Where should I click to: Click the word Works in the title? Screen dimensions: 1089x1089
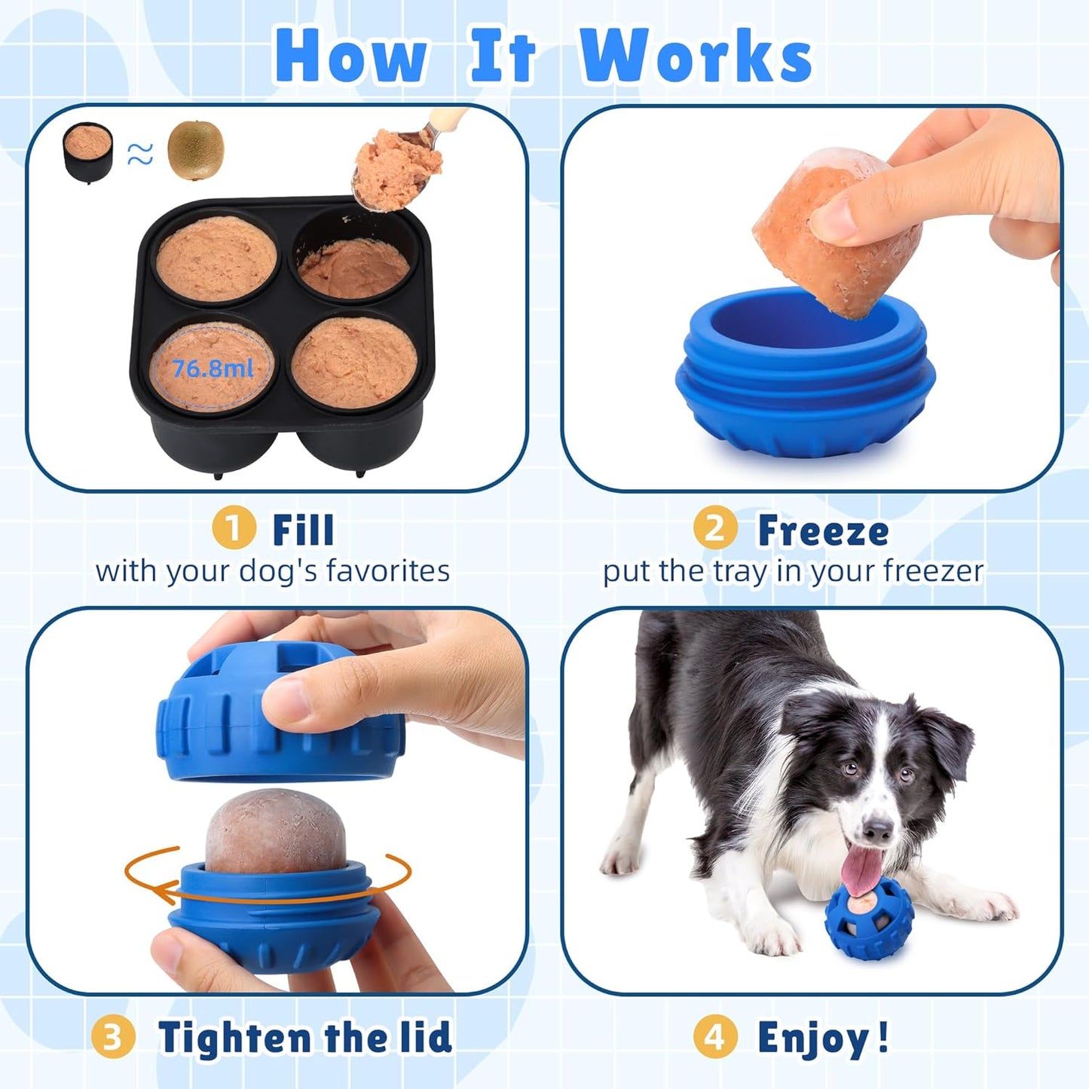695,57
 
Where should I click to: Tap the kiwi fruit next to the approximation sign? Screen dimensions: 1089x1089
195,151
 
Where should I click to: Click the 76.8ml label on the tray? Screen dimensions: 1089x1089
213,369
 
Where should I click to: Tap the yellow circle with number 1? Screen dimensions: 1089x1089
233,528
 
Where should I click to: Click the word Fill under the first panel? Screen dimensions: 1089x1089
303,530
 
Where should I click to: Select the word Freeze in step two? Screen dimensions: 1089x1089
823,531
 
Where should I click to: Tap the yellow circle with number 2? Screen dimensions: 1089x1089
714,528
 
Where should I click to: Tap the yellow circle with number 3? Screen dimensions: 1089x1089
112,1037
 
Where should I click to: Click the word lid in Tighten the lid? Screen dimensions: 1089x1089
425,1037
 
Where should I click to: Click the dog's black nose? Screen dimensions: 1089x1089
876,831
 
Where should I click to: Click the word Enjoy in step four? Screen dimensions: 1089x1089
814,1039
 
